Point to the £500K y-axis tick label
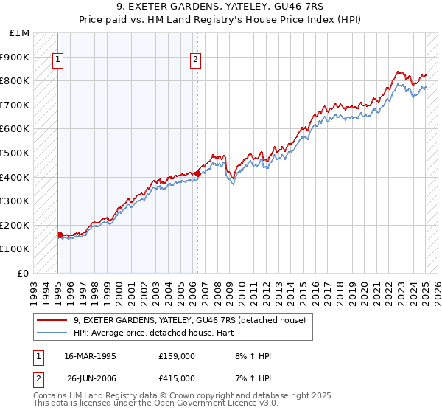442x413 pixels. [x=15, y=153]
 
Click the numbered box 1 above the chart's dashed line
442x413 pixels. [x=57, y=60]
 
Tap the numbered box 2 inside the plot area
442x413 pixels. [x=195, y=60]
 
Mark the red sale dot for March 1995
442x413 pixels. [x=60, y=235]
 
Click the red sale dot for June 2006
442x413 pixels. [x=198, y=173]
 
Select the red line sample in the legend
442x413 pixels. [x=52, y=320]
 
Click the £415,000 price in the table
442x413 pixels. [x=177, y=378]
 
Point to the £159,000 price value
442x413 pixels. [x=177, y=356]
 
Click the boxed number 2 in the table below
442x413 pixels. [x=38, y=378]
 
